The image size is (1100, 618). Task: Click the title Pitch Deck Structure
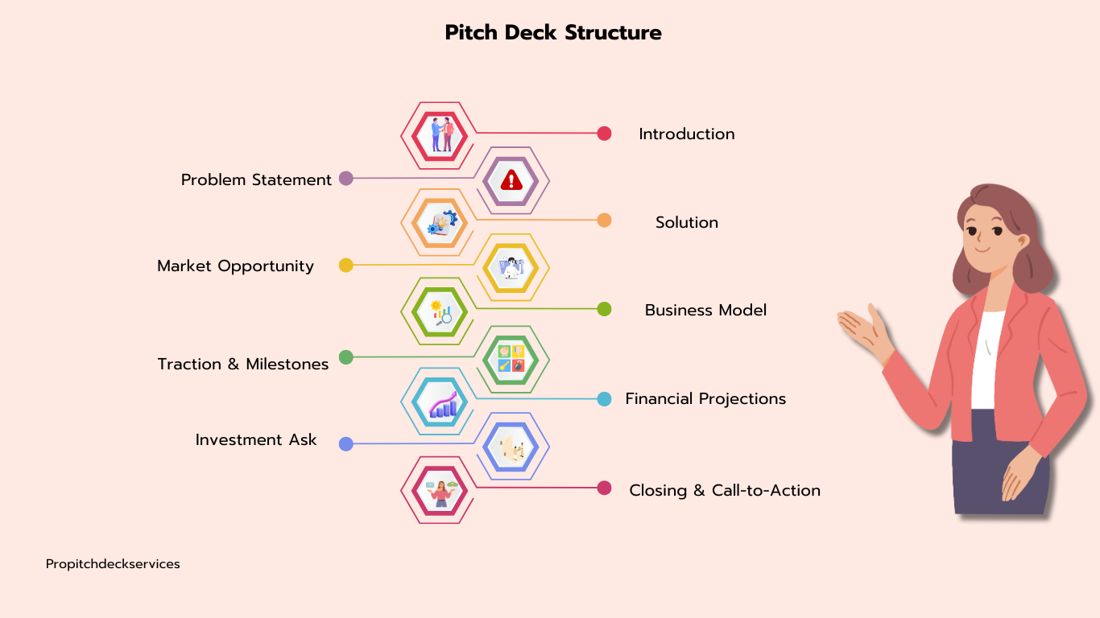tap(553, 33)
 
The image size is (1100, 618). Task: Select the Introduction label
tap(686, 134)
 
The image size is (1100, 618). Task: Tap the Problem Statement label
tap(256, 180)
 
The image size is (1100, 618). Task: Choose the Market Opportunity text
tap(235, 266)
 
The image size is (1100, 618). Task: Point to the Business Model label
tap(705, 311)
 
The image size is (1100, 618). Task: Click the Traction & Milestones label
tap(242, 365)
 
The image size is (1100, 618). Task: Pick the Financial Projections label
tap(705, 399)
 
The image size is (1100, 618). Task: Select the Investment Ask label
tap(256, 440)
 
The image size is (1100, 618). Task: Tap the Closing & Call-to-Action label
tap(725, 491)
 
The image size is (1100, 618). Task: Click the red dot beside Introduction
tap(604, 134)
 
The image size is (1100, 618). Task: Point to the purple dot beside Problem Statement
tap(346, 179)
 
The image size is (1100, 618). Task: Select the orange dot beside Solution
tap(604, 220)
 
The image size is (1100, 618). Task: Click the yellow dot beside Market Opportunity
tap(346, 266)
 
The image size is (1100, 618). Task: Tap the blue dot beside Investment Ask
tap(346, 444)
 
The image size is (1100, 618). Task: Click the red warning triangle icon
tap(512, 180)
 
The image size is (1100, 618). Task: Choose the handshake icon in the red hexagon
tap(440, 135)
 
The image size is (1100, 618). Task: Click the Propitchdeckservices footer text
tap(113, 564)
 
